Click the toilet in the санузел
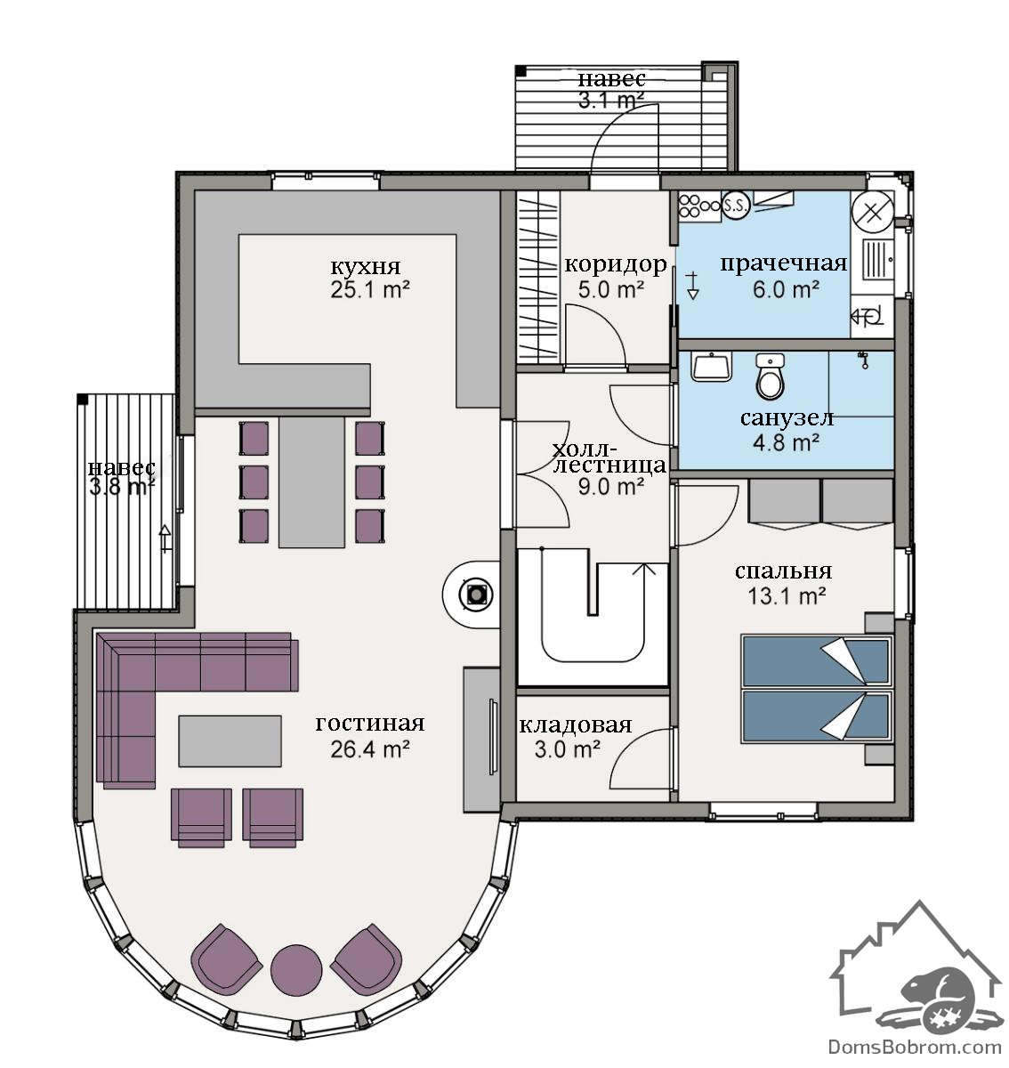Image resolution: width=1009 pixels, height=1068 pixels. [x=770, y=376]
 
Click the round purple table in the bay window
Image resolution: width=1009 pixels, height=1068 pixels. [x=295, y=969]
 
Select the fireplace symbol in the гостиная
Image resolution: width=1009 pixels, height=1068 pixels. [x=474, y=595]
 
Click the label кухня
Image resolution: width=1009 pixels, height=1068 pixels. [x=365, y=266]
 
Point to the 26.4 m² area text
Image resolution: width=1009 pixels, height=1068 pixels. [x=370, y=748]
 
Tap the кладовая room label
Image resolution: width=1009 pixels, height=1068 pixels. [x=575, y=725]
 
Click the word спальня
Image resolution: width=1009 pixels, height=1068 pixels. [x=783, y=570]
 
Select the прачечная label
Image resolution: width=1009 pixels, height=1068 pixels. [x=784, y=263]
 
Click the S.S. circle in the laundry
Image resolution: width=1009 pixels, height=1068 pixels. [x=735, y=205]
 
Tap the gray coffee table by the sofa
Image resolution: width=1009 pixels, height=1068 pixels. [x=230, y=740]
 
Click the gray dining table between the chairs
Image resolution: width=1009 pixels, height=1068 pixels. [x=311, y=483]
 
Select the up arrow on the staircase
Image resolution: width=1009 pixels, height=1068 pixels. [x=644, y=588]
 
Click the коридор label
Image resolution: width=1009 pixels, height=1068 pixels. [x=616, y=264]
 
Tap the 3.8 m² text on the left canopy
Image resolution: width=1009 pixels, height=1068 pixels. [x=122, y=488]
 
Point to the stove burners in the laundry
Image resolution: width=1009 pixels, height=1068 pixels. [x=698, y=206]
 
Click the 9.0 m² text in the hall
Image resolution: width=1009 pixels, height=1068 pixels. [x=611, y=487]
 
